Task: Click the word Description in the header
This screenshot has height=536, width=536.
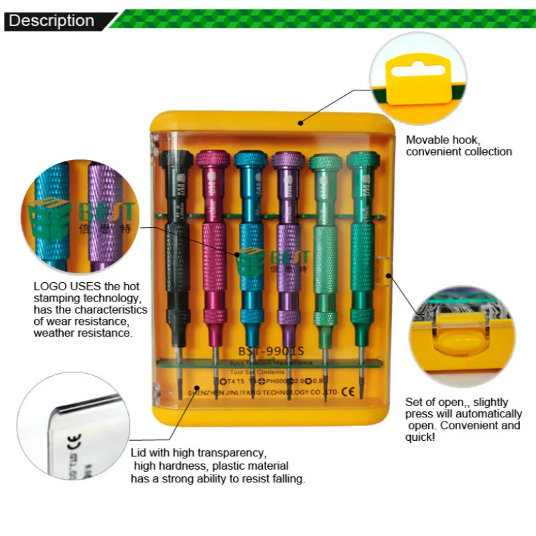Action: coord(51,21)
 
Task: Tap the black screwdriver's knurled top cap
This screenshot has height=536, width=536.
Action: coord(176,161)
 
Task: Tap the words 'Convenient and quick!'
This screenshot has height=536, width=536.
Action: coord(462,431)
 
